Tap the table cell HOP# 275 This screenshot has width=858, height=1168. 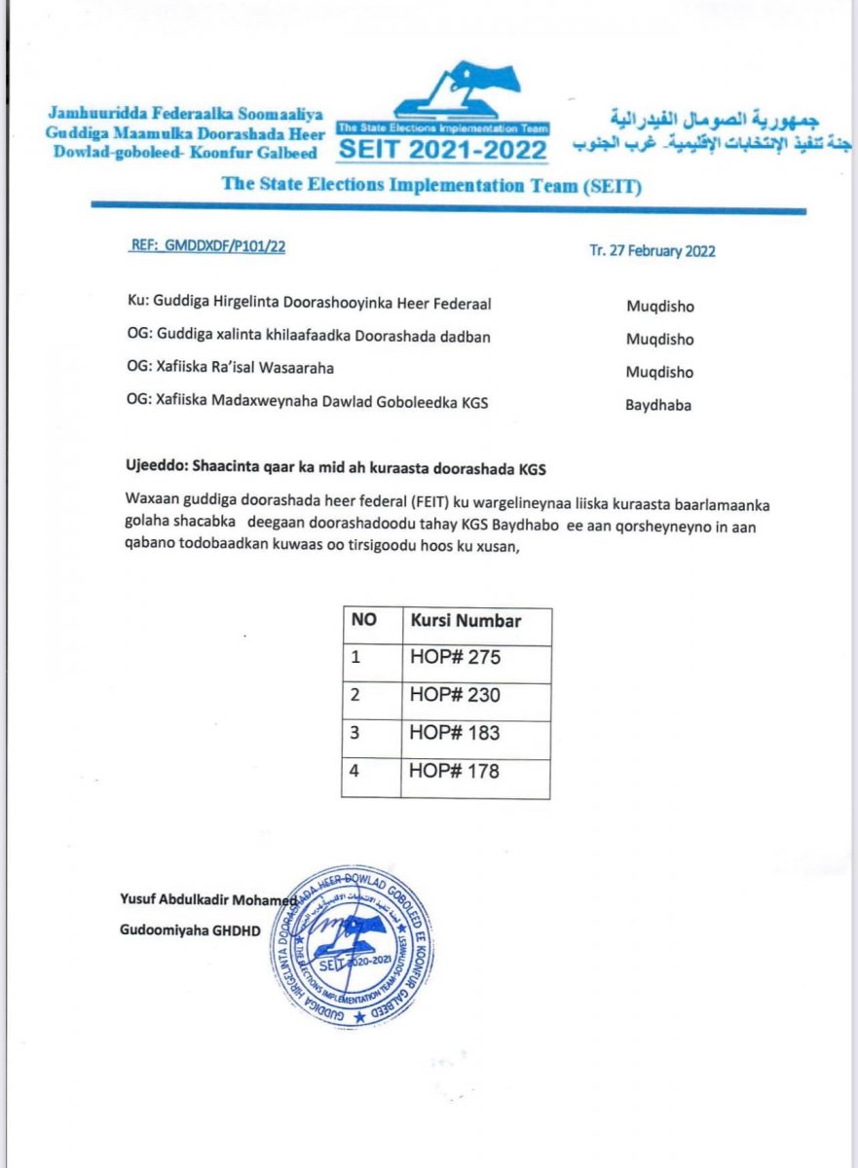point(455,658)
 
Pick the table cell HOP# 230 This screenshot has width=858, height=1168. point(455,695)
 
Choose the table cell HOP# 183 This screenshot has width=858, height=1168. point(455,733)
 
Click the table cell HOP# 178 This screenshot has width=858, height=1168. point(455,771)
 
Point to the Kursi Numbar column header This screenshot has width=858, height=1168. point(466,621)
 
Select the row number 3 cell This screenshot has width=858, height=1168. point(356,733)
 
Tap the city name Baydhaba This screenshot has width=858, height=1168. point(658,406)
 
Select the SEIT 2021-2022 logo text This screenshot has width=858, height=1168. point(442,150)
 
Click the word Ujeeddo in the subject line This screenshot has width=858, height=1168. point(154,469)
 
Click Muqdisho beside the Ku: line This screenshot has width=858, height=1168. point(660,306)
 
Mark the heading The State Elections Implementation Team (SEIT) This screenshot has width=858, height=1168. point(430,184)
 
